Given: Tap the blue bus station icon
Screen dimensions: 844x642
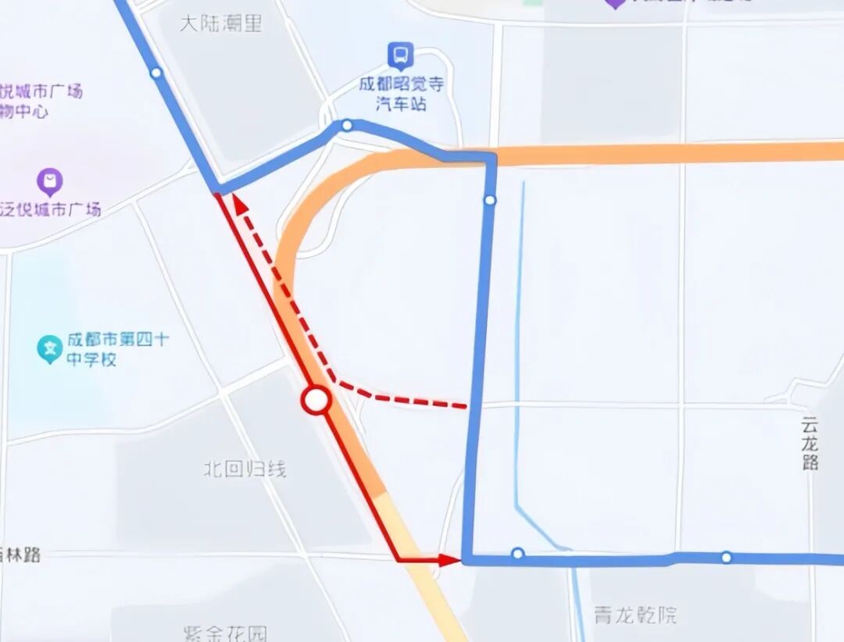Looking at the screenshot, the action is [401, 55].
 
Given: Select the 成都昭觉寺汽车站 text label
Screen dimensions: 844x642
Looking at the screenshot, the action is [401, 93].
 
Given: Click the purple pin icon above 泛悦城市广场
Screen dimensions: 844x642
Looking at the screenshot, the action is [50, 183].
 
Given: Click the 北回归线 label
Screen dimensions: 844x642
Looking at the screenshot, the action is [245, 469].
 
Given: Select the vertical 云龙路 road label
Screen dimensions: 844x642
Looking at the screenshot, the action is [810, 443].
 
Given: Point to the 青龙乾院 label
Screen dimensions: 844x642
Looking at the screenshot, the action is [635, 615].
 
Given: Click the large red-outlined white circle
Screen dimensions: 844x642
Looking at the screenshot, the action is [316, 401].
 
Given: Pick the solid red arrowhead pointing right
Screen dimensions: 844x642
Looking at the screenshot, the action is [449, 559].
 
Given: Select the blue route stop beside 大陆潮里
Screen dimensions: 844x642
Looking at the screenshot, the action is [156, 73].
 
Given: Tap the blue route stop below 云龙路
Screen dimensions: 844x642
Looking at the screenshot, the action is [726, 557].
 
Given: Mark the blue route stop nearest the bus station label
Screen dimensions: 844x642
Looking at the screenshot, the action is [347, 125].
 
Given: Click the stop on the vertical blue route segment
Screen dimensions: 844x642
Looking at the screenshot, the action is [490, 201].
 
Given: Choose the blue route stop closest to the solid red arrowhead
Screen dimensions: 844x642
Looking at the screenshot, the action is [517, 554].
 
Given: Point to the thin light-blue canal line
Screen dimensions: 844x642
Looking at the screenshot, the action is [518, 351].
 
